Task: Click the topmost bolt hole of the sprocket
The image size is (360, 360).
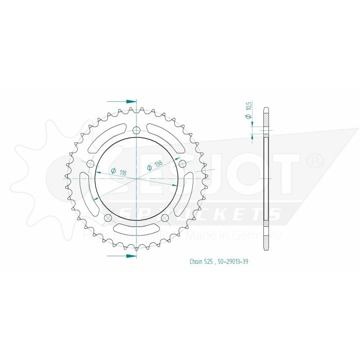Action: point(136,130)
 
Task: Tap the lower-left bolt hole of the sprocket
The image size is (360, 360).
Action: point(107,219)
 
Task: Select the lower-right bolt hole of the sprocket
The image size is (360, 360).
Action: point(165,219)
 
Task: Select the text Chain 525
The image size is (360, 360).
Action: point(199,261)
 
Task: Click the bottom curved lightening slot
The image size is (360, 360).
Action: point(136,228)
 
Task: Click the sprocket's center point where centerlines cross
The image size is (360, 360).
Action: point(136,178)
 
